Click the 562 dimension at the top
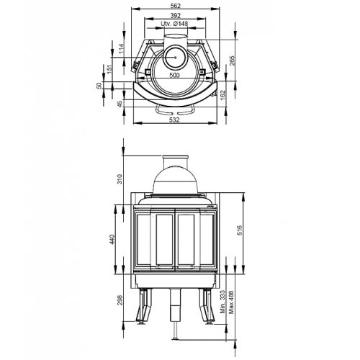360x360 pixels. point(175,5)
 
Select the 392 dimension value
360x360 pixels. point(175,14)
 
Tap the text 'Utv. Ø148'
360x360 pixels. point(175,24)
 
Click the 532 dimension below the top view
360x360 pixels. point(175,120)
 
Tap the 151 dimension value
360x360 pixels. point(109,69)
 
